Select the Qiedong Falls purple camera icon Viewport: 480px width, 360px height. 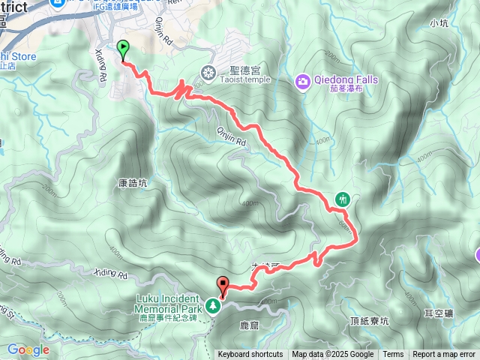[302, 80]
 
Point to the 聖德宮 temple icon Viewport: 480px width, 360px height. [208, 73]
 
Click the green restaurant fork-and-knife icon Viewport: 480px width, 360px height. [343, 199]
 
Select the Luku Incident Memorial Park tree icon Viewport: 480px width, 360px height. [214, 305]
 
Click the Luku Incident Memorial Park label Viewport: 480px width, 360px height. [169, 304]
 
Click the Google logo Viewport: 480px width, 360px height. [28, 349]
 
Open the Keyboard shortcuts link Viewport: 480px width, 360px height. [250, 355]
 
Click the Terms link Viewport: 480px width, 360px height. [393, 355]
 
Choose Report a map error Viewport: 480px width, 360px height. [445, 355]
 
